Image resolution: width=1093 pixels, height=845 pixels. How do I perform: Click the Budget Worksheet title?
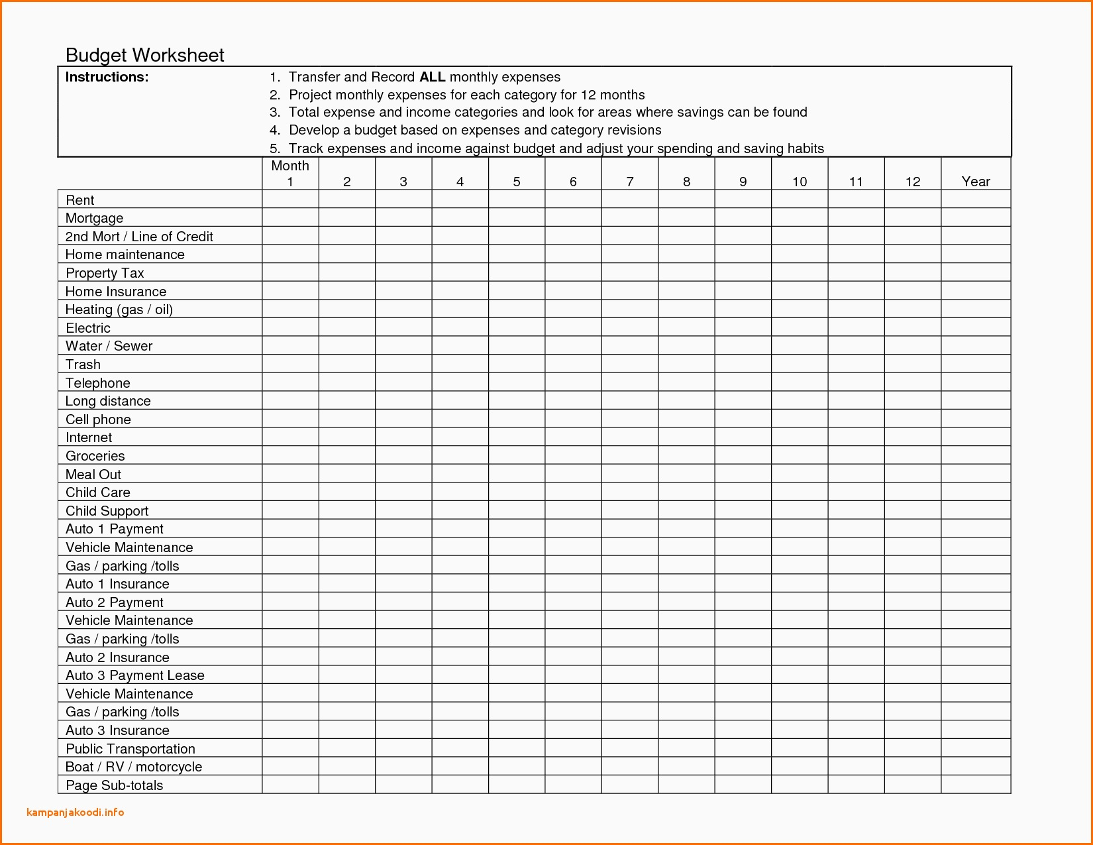tap(145, 55)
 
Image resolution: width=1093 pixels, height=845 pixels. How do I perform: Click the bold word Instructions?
tap(107, 77)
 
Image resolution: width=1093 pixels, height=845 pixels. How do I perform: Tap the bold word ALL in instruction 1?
tap(432, 77)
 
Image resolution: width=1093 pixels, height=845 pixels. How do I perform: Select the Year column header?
tap(975, 182)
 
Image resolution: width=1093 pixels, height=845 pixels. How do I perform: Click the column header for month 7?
tap(630, 182)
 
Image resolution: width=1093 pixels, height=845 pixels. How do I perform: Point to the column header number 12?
tap(912, 182)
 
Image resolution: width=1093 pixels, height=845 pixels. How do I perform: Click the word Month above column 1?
tap(290, 166)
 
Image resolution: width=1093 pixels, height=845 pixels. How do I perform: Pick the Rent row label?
tap(79, 200)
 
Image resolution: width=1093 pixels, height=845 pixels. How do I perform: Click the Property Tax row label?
tap(105, 273)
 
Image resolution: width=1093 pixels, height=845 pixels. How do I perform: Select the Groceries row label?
tap(95, 456)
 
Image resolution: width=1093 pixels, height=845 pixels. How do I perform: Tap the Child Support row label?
tap(107, 511)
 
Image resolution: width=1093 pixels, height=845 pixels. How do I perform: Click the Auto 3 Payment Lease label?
tap(134, 675)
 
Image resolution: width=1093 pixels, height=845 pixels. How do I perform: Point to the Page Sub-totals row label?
tap(114, 785)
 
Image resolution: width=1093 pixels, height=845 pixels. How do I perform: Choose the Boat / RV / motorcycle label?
tap(133, 767)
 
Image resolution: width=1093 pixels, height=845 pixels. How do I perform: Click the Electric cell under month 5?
tap(517, 327)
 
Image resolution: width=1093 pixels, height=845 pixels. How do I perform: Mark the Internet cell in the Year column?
tap(975, 437)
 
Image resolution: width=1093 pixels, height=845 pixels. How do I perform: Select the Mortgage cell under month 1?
tap(290, 218)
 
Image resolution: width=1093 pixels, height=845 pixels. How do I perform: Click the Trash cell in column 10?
tap(800, 364)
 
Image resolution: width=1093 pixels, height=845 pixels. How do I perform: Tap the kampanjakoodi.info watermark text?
tap(76, 813)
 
